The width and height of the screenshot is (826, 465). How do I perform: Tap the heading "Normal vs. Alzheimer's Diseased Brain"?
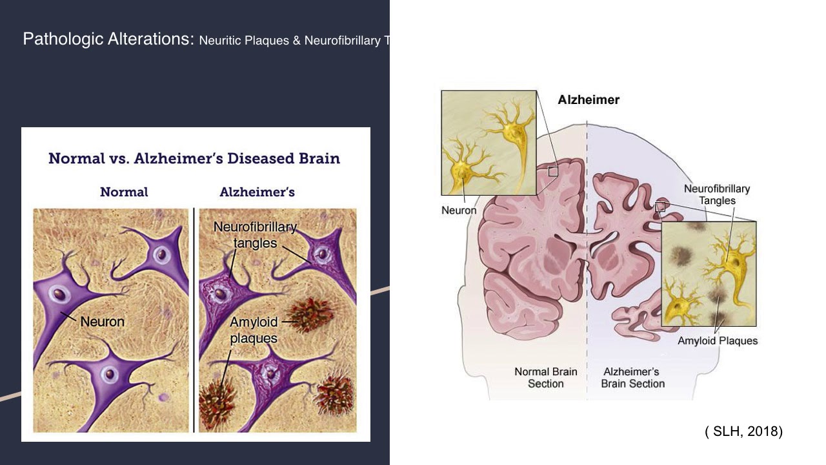(194, 158)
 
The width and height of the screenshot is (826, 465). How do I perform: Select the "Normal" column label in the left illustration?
(124, 192)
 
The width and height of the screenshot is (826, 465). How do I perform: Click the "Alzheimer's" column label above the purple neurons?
(257, 192)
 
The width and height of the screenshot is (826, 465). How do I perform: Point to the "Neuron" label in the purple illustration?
(102, 321)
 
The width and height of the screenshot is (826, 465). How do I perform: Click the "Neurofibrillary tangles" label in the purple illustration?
(255, 235)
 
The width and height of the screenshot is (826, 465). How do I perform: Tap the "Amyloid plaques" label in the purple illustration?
(254, 330)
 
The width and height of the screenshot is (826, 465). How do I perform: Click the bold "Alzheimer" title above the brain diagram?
(589, 100)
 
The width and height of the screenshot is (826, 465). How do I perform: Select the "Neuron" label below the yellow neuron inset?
(459, 210)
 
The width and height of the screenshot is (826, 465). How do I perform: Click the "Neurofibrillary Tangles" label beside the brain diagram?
(717, 194)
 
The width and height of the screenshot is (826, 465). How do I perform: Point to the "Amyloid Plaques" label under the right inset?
(718, 341)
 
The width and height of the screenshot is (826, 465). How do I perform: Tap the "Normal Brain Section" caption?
(546, 378)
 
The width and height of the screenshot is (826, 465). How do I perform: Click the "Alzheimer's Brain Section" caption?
(632, 378)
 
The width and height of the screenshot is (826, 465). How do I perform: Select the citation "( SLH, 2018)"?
(743, 431)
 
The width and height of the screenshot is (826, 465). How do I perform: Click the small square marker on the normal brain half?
(553, 171)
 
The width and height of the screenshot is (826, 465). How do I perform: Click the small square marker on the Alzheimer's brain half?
(660, 207)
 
